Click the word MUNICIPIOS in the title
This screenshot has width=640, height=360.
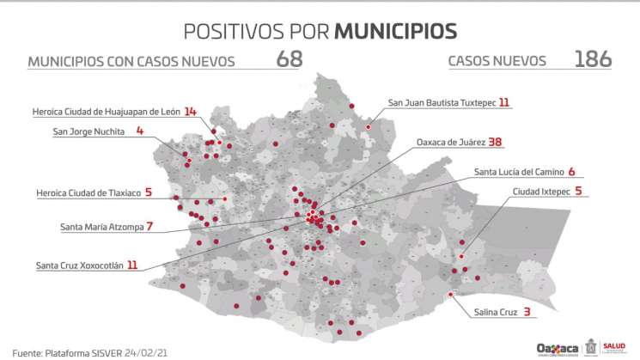[395, 31]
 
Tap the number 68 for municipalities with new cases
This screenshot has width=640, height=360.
[290, 59]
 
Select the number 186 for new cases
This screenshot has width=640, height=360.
[593, 59]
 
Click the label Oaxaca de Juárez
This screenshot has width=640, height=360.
[451, 142]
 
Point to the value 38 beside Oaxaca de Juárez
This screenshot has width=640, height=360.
[495, 142]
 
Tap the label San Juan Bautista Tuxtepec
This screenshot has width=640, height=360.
[442, 102]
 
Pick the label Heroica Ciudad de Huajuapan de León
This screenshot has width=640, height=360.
[106, 111]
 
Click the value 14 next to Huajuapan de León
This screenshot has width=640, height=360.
[191, 111]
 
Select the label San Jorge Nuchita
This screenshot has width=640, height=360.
[88, 131]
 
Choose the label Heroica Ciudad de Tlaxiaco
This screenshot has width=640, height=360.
[88, 192]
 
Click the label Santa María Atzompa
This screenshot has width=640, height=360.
[101, 227]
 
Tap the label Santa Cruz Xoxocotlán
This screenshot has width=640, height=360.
[80, 265]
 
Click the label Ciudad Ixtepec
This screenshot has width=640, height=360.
[541, 191]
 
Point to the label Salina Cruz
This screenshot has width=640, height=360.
[496, 312]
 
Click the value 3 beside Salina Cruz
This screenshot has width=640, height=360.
[527, 312]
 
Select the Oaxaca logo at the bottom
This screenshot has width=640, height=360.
[558, 348]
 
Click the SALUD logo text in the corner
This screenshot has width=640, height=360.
[615, 345]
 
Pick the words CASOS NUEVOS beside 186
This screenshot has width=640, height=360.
[497, 61]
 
